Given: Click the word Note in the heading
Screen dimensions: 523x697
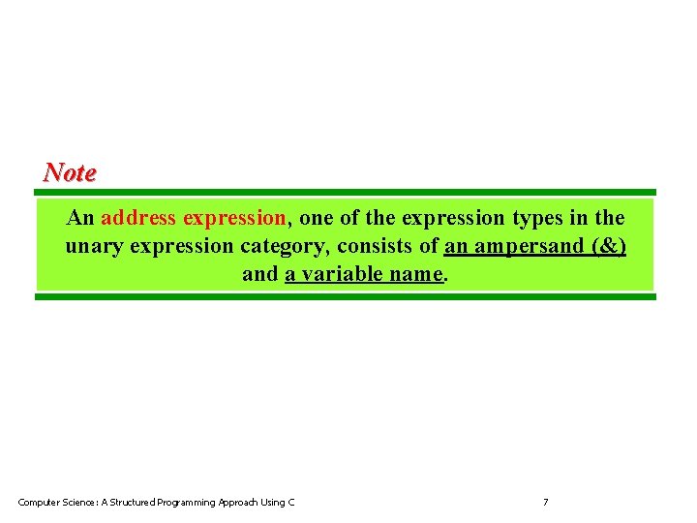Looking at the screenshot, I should pos(70,173).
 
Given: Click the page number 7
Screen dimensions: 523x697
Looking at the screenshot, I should pos(545,502).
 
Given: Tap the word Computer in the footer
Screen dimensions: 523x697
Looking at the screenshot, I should pos(40,502).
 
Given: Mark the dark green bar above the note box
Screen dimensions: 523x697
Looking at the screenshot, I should pos(346,192).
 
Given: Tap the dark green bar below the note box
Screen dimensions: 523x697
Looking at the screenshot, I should pos(346,296).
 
